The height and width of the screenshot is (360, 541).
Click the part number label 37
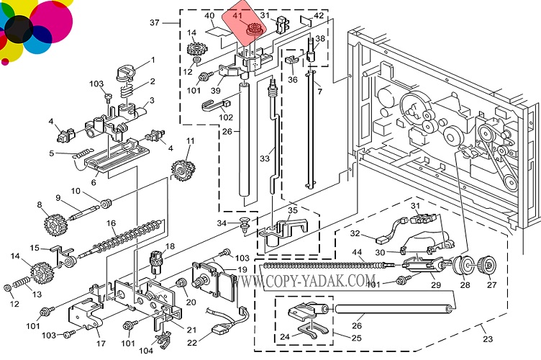154,23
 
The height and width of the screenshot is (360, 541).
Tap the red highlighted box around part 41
247,27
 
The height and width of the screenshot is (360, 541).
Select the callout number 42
319,16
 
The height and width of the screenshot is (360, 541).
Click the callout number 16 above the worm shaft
112,224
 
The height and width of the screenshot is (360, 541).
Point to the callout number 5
52,153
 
